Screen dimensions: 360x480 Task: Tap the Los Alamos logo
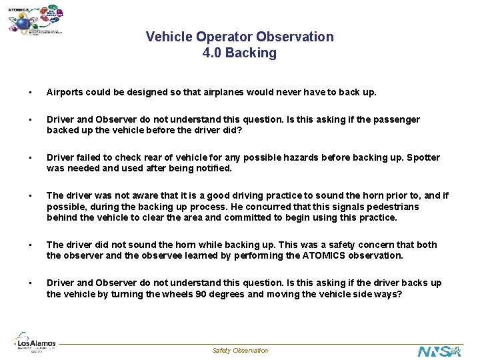point(35,345)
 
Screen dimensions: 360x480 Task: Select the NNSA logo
point(439,351)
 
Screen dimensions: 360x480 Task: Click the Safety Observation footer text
point(240,351)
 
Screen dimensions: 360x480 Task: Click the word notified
point(212,169)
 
